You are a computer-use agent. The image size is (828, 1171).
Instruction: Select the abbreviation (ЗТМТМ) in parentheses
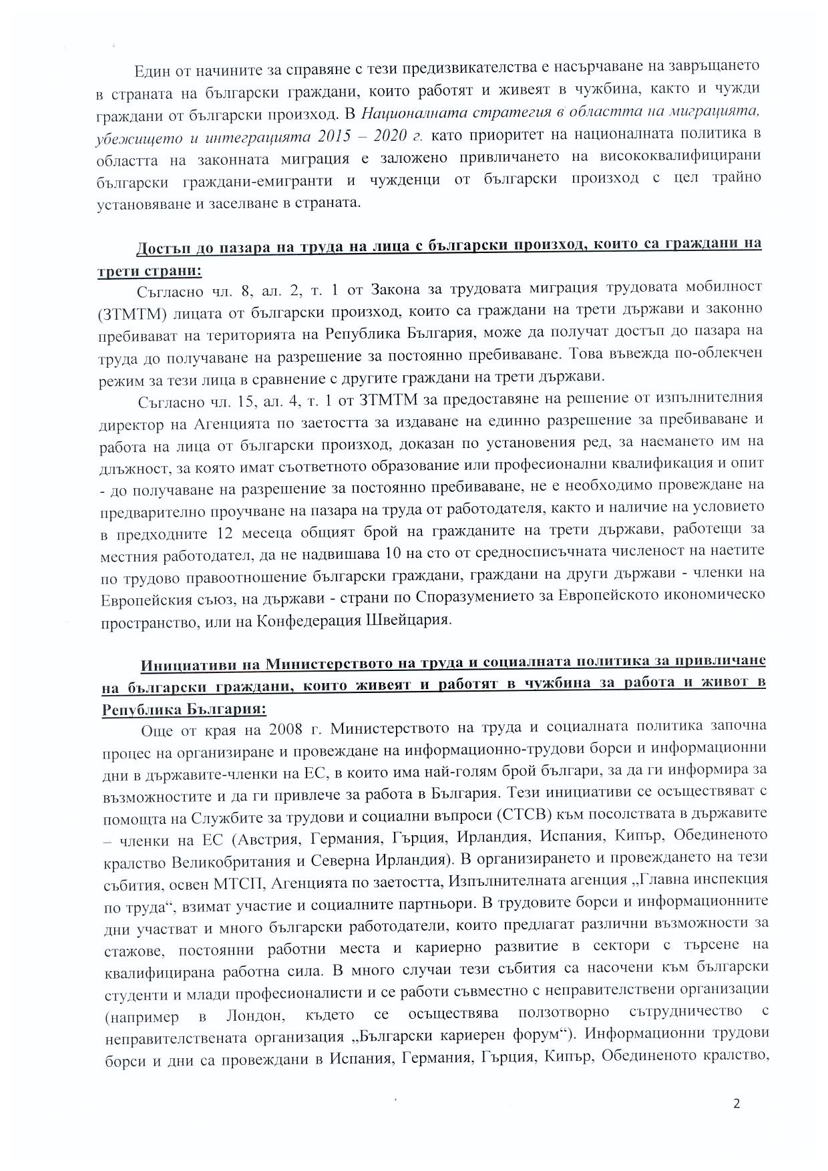(x=132, y=311)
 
